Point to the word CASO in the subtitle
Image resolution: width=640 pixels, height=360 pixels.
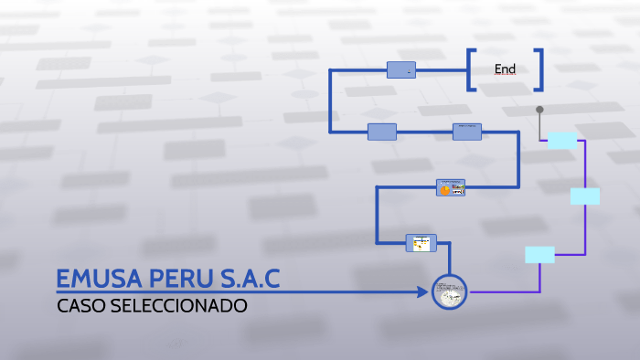point(81,305)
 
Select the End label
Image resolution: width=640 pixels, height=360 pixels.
point(505,69)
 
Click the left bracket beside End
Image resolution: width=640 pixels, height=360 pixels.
point(470,69)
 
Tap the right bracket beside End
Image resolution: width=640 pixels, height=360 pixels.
point(540,69)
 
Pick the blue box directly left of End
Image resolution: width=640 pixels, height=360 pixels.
point(401,69)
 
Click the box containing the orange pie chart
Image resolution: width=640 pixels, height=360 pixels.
point(450,187)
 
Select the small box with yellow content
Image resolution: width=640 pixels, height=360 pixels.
point(421,242)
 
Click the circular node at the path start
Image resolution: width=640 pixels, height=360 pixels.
point(449,292)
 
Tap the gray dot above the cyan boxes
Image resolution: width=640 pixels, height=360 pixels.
point(539,109)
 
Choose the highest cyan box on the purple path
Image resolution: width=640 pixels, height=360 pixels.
point(562,140)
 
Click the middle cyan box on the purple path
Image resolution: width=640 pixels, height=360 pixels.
point(584,196)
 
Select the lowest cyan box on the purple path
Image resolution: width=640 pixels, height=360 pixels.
point(539,255)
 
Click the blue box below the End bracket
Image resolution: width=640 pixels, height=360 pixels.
point(466,132)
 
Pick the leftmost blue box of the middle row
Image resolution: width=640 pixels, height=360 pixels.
point(382,132)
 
